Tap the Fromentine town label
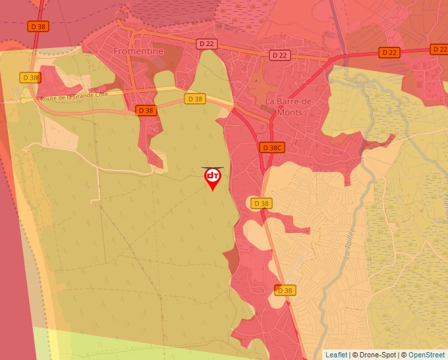point(138,50)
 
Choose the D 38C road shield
point(271,147)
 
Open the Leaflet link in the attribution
point(336,355)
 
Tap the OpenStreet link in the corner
point(426,355)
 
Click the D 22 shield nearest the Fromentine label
point(207,43)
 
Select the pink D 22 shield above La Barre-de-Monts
point(280,55)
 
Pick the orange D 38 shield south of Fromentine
point(146,111)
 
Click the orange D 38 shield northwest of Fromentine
point(38,26)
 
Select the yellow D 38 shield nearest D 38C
point(261,203)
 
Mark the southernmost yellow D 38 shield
point(285,290)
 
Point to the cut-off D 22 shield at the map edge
point(439,49)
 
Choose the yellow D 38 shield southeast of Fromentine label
point(194,99)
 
